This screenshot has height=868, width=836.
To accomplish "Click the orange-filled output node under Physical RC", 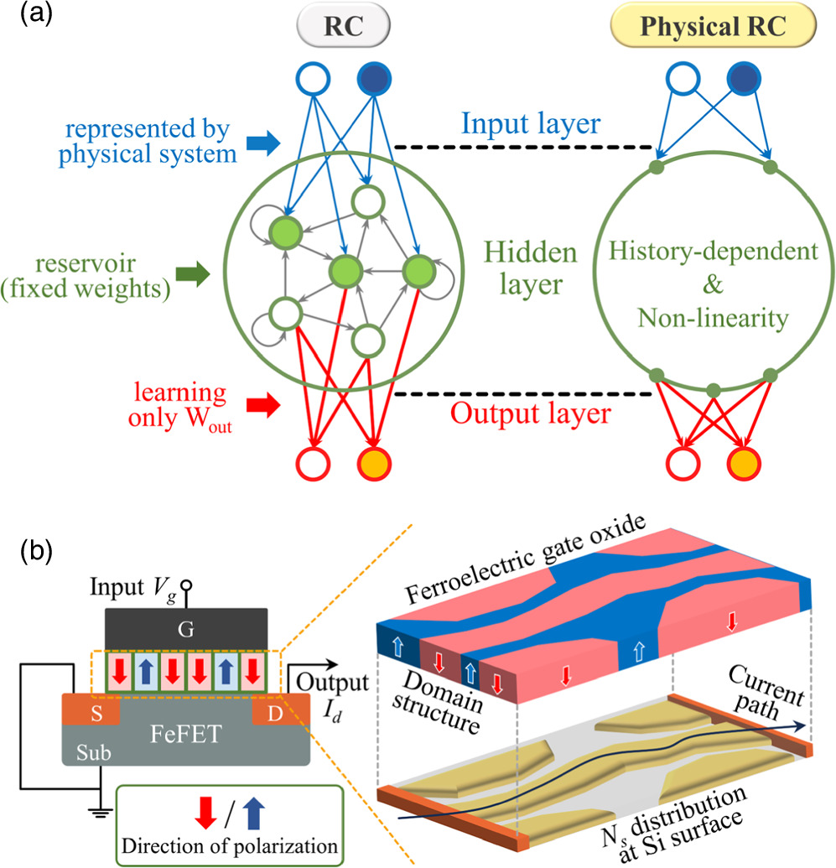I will (x=742, y=461).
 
